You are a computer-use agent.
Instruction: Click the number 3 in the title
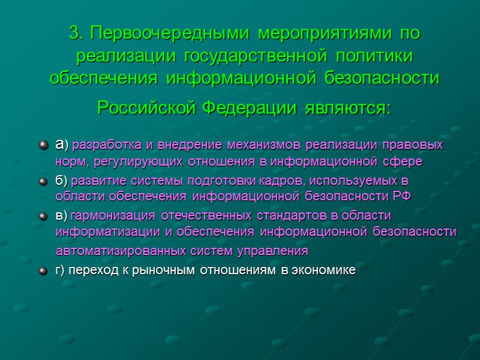click(x=74, y=34)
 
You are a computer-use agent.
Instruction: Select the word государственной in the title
click(x=252, y=56)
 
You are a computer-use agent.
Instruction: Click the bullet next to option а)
click(x=42, y=146)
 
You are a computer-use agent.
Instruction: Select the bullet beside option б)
click(x=42, y=181)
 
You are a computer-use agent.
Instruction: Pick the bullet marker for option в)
click(x=42, y=215)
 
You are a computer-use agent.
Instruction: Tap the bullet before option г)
click(x=42, y=271)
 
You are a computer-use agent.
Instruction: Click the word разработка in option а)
click(x=110, y=146)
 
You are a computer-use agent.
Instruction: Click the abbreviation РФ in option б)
click(x=404, y=196)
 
